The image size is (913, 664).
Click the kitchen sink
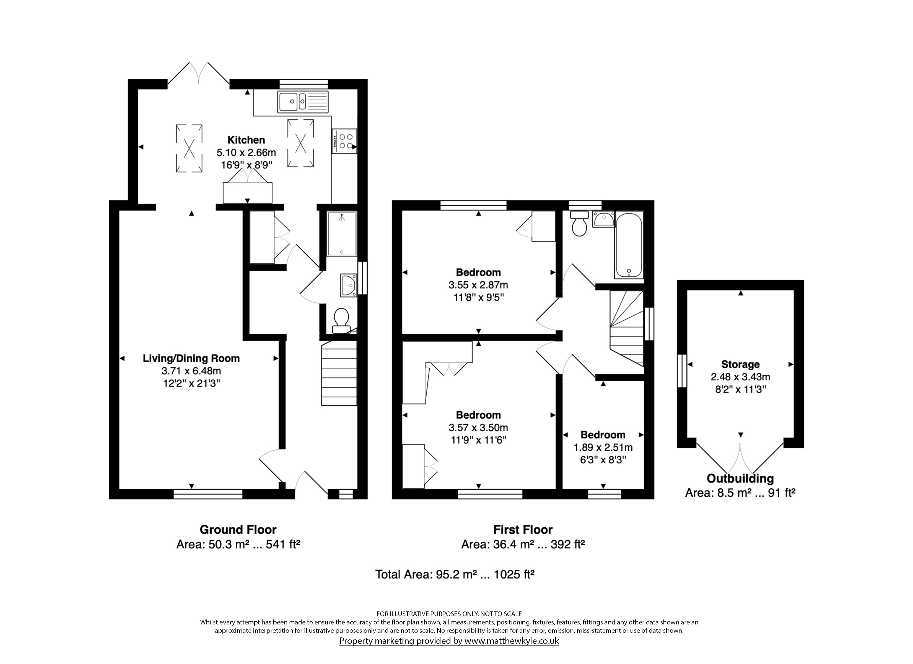(303, 102)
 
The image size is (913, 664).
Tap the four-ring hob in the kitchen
(344, 141)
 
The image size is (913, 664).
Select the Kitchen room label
(246, 140)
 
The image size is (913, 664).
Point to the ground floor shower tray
(342, 234)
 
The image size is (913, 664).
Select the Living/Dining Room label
(191, 358)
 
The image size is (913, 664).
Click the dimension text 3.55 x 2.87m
(478, 285)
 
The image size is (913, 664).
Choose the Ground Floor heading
(238, 530)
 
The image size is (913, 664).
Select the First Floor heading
(523, 530)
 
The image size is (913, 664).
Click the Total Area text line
(455, 574)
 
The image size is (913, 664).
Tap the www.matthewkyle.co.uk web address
(512, 641)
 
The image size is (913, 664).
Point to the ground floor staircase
(339, 373)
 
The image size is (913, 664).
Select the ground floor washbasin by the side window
(349, 286)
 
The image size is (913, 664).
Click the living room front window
(208, 494)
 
